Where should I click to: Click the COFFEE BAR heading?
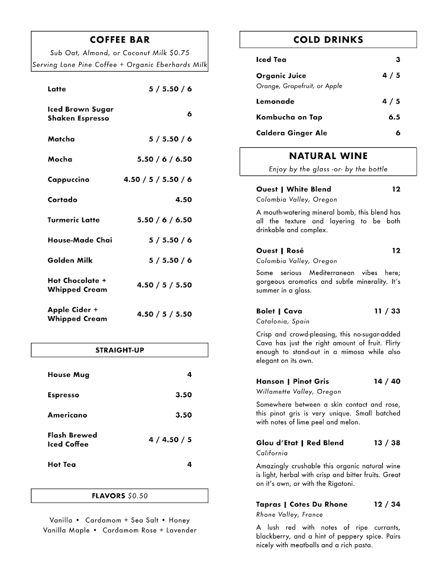119,40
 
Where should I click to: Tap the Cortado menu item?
62,200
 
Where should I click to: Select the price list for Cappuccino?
158,179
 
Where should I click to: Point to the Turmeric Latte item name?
73,220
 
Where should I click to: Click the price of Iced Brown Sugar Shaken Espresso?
189,114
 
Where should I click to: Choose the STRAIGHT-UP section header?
119,350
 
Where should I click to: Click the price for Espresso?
183,395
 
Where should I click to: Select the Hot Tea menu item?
62,464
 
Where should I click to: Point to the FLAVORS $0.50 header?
119,496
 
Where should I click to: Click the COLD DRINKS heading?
328,40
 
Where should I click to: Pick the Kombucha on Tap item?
289,117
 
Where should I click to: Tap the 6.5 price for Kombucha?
394,117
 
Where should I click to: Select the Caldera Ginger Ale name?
291,133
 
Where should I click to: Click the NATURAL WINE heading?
328,156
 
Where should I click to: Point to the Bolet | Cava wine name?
279,311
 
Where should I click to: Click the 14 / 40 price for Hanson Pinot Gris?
387,381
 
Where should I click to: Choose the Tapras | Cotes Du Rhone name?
302,504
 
